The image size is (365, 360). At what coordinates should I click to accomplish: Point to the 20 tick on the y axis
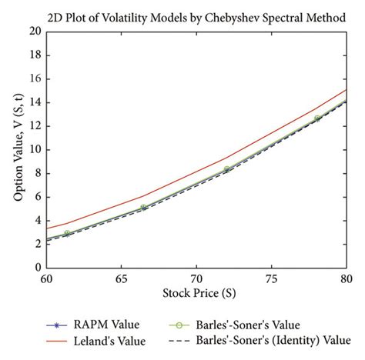tap(33, 32)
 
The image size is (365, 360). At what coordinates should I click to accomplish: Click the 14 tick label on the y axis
tap(33, 102)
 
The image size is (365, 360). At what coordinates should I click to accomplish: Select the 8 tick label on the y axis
tap(36, 173)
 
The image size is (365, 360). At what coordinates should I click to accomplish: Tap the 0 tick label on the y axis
tap(36, 268)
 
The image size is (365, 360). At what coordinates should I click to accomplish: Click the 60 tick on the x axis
tap(46, 280)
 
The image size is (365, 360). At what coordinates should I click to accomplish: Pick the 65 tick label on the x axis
tap(121, 280)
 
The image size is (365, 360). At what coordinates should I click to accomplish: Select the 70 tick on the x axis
tap(196, 280)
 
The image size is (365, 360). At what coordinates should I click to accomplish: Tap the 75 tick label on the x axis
tap(271, 280)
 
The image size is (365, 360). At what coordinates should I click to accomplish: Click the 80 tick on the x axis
tap(346, 280)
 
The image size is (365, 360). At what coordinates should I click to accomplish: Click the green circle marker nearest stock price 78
tap(317, 118)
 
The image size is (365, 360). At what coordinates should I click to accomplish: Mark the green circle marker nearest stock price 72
tap(227, 169)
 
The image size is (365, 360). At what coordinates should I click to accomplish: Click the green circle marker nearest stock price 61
tap(67, 233)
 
